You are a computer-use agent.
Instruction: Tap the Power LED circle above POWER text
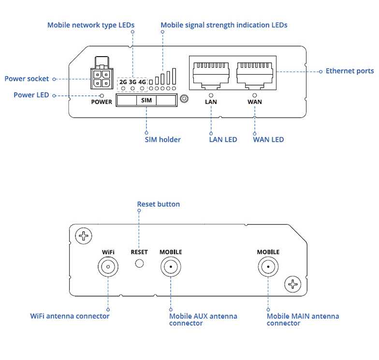click(102, 96)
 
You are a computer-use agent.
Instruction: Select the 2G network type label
click(123, 82)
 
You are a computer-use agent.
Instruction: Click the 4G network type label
click(142, 82)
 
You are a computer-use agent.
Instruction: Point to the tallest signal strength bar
click(174, 77)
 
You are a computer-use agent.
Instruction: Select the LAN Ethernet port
click(210, 73)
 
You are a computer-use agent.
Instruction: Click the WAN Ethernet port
click(255, 73)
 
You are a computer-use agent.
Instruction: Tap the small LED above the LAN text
click(211, 95)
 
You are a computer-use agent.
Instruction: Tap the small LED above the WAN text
click(255, 95)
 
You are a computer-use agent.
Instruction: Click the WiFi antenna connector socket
click(108, 267)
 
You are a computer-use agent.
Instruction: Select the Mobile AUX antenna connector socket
click(171, 267)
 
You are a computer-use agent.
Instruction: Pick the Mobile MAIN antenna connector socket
click(268, 267)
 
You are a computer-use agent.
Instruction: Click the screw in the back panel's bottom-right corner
click(292, 284)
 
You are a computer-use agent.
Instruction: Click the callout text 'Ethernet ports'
click(350, 71)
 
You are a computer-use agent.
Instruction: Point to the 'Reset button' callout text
click(158, 204)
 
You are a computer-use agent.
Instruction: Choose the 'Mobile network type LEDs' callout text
click(91, 25)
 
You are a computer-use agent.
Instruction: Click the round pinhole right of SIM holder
click(184, 100)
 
